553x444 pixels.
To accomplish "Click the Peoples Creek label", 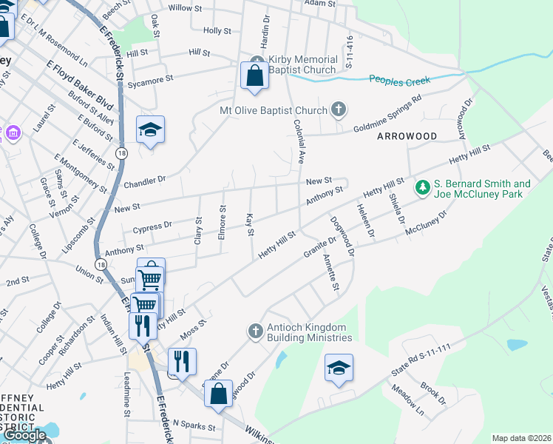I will click(x=399, y=78).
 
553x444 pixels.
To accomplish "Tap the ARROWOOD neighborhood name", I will click(x=407, y=136).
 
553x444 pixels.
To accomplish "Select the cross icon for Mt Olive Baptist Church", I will click(x=339, y=110).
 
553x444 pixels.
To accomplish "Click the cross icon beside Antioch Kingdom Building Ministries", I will click(x=255, y=330).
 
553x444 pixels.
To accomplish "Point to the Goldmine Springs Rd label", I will click(x=386, y=112).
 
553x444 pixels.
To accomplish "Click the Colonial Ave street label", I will click(x=299, y=141).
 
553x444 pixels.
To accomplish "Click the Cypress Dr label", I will click(x=152, y=224).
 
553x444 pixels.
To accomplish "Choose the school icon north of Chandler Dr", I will click(x=150, y=129).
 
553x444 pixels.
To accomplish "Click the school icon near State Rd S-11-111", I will click(x=338, y=367).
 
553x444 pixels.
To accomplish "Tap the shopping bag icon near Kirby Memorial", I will click(x=254, y=75).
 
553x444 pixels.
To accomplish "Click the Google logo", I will click(x=24, y=435).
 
